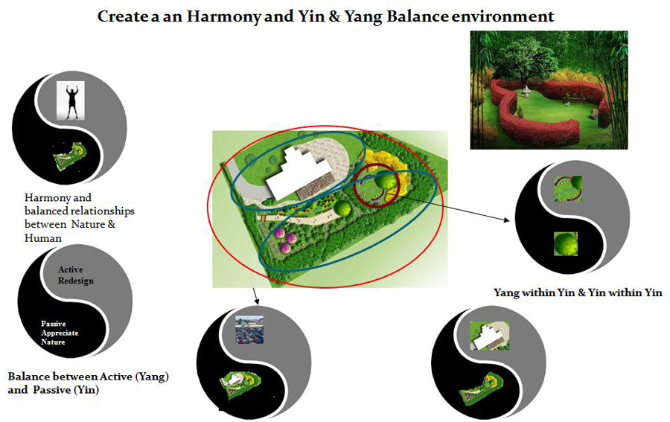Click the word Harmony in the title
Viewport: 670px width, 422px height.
pyautogui.click(x=223, y=17)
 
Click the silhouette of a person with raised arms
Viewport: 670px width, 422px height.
pyautogui.click(x=71, y=101)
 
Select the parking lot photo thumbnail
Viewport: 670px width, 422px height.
pyautogui.click(x=249, y=330)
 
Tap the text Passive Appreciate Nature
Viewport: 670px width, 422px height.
pyautogui.click(x=60, y=333)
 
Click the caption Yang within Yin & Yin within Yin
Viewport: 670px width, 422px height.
pyautogui.click(x=578, y=292)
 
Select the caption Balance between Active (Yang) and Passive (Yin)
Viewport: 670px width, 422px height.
pyautogui.click(x=88, y=383)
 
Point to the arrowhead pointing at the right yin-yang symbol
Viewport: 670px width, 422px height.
pyautogui.click(x=507, y=220)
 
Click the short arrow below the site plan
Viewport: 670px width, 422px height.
pyautogui.click(x=255, y=296)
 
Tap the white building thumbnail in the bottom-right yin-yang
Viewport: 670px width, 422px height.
pyautogui.click(x=490, y=336)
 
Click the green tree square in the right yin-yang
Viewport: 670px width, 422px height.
pyautogui.click(x=566, y=244)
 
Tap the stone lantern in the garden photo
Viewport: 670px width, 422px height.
pyautogui.click(x=526, y=91)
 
